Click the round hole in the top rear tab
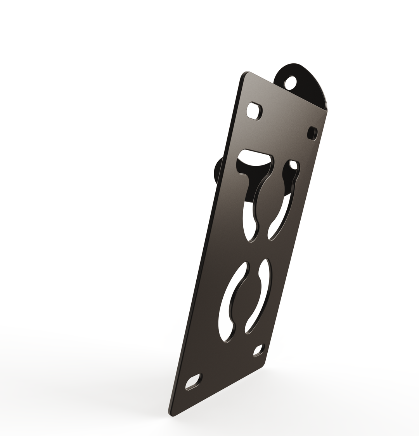[291, 82]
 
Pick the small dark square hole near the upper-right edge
[312, 133]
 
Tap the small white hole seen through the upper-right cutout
[294, 165]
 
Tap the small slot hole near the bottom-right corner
[258, 350]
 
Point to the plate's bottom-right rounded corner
[263, 365]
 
